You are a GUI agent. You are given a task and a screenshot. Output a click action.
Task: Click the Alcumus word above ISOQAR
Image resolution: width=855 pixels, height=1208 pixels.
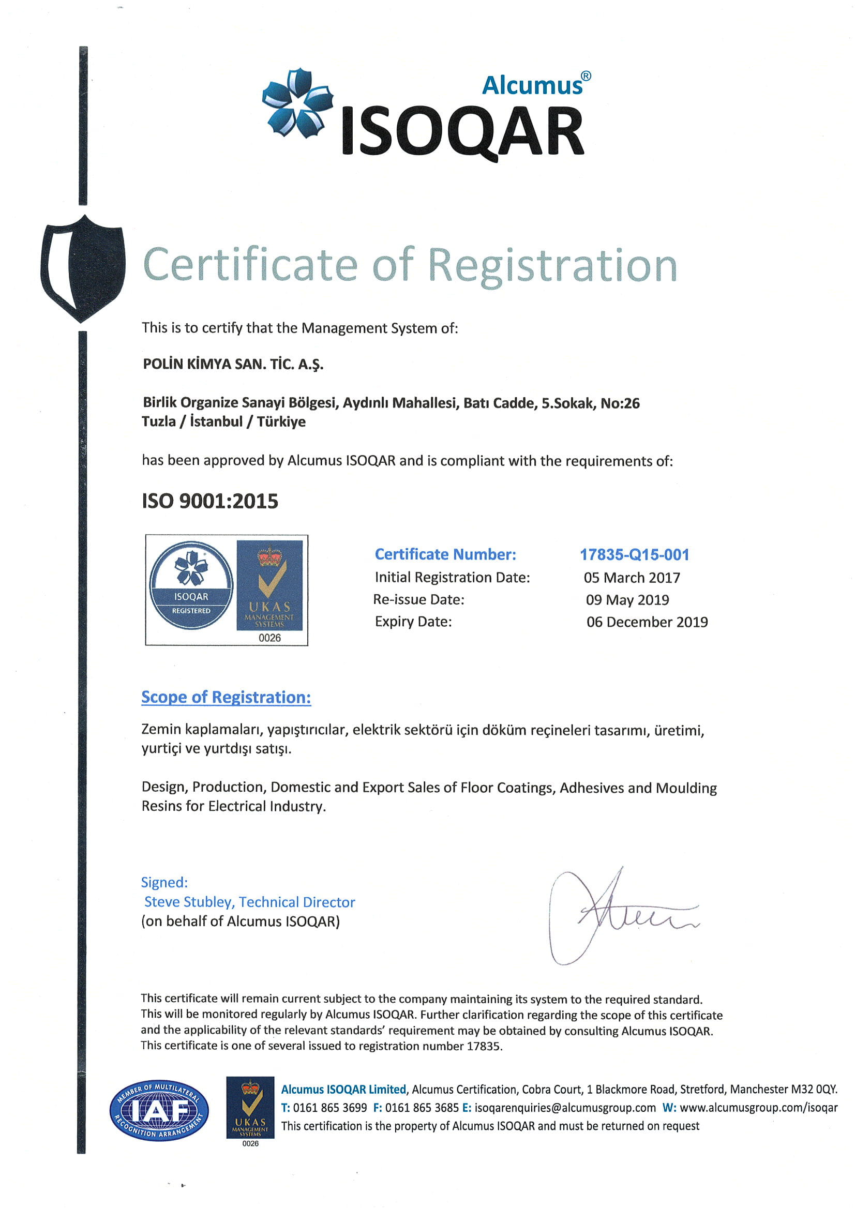tap(533, 86)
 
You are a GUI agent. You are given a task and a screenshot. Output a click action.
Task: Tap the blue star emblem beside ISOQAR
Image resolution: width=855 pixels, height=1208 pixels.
tap(297, 104)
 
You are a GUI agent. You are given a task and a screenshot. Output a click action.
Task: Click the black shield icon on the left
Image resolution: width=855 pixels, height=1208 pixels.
tap(83, 267)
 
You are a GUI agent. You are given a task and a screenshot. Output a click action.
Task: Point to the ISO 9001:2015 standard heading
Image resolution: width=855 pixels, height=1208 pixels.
tap(209, 501)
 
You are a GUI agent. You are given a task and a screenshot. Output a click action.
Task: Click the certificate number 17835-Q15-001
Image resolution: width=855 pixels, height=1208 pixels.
tap(634, 554)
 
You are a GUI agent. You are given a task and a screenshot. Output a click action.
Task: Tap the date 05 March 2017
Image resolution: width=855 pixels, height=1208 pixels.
tap(631, 578)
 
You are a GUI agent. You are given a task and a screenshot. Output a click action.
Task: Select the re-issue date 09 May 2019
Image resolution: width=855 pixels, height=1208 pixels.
tap(627, 599)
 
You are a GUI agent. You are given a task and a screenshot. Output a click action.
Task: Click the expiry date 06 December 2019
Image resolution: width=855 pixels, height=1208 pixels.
tap(647, 622)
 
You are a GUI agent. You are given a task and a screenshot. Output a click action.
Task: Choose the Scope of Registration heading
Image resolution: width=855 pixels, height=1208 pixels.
tap(226, 697)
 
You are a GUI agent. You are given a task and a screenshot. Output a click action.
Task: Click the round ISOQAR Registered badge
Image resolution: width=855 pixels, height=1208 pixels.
tap(191, 586)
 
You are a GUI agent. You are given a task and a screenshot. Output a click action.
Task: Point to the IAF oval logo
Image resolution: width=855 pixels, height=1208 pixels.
tap(158, 1111)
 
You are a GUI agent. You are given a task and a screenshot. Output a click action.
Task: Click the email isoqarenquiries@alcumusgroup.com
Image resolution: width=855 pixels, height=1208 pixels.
tap(565, 1107)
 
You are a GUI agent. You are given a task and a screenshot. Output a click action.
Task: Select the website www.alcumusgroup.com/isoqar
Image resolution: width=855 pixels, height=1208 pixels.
tap(758, 1107)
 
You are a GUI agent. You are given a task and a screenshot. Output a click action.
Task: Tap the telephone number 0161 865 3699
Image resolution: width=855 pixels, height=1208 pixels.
tap(329, 1107)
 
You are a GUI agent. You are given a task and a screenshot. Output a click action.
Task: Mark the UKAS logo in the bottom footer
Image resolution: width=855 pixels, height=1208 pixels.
tap(250, 1111)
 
